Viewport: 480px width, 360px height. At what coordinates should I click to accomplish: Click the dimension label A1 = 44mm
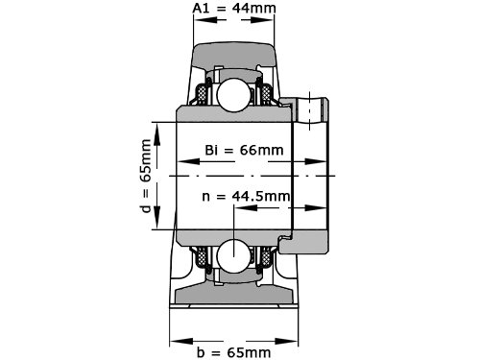[234, 8]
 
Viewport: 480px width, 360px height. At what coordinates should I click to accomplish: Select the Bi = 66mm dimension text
[244, 150]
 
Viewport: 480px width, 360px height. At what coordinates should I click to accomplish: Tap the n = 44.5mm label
[246, 196]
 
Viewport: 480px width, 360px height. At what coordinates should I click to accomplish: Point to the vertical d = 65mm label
[146, 176]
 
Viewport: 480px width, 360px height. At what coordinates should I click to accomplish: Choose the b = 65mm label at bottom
[234, 352]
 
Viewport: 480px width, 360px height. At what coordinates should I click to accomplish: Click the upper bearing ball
[233, 94]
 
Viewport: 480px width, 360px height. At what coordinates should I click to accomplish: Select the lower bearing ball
[233, 256]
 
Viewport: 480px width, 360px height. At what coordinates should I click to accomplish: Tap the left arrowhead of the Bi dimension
[188, 161]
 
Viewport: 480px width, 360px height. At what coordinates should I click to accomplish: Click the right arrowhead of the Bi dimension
[315, 161]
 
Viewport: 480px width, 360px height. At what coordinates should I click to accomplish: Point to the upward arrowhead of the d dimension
[157, 133]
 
